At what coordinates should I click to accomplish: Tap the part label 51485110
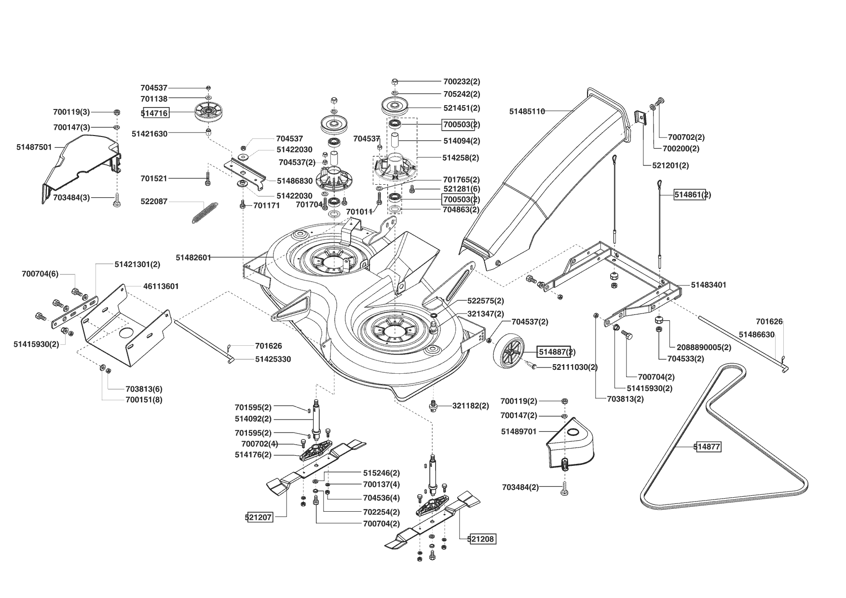coord(527,111)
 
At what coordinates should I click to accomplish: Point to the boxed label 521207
coord(260,517)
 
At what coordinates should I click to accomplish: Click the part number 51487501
coord(34,147)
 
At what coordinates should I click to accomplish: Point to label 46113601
coord(161,286)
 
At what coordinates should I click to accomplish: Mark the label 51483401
coord(709,285)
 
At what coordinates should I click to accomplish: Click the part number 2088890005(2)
coord(704,347)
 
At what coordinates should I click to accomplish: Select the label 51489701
coord(519,432)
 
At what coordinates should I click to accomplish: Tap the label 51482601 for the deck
coord(193,258)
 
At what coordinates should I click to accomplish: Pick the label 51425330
coord(273,359)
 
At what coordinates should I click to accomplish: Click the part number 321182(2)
coord(471,406)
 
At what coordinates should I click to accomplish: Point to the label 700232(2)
coord(462,82)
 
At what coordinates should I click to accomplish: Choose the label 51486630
coord(757,334)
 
